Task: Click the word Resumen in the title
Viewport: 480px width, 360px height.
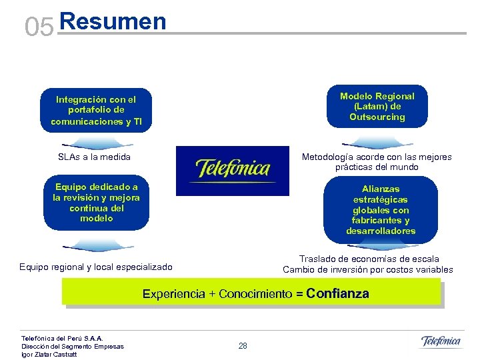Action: click(x=112, y=21)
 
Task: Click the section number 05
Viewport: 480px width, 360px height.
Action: click(x=39, y=27)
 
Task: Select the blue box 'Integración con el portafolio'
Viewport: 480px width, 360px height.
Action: click(x=96, y=111)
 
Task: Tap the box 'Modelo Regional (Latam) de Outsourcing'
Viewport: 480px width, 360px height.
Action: click(x=377, y=107)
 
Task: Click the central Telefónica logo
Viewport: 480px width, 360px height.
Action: click(x=233, y=171)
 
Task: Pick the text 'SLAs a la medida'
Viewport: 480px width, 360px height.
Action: click(x=95, y=157)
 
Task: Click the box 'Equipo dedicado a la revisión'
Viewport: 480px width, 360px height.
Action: click(x=96, y=203)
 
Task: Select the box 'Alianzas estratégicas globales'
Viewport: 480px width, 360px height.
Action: click(x=381, y=210)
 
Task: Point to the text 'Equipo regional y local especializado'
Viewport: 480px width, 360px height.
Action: click(x=96, y=267)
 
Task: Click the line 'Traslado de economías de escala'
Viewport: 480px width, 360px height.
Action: click(x=369, y=259)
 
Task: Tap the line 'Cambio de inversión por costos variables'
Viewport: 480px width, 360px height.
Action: click(x=367, y=270)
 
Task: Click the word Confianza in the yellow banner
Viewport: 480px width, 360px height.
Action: click(x=337, y=294)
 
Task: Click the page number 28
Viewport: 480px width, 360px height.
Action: click(x=243, y=346)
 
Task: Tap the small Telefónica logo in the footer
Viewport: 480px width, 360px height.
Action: click(x=441, y=342)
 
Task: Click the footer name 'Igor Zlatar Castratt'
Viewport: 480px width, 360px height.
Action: click(x=49, y=354)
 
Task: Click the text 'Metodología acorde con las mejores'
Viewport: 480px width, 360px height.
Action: click(x=377, y=157)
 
